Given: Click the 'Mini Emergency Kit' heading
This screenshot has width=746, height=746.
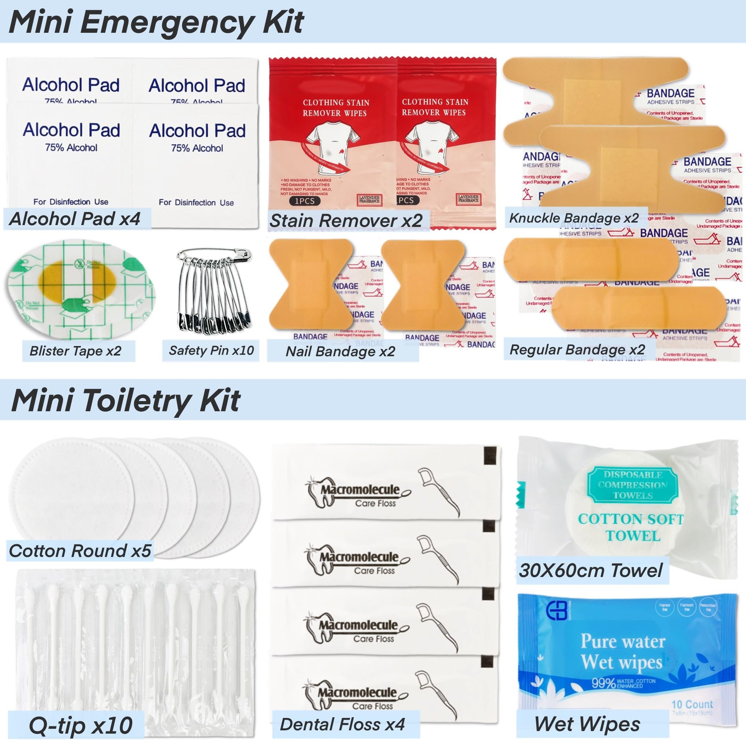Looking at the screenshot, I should pos(156,22).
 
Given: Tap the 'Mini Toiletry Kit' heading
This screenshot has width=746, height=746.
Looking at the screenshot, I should pos(126,401).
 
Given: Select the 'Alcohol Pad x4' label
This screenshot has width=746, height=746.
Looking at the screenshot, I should pos(74,219).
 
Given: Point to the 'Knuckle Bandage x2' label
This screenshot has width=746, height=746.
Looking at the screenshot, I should pos(574,218).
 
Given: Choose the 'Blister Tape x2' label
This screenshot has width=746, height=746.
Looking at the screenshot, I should pos(76,351).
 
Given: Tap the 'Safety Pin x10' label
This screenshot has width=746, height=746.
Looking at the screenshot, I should pos(211,351).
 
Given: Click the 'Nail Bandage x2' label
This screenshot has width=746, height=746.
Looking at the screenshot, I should pos(340,352).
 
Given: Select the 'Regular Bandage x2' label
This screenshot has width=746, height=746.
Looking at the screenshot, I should pos(577,350).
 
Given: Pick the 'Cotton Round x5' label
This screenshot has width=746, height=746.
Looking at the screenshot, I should pos(79,551).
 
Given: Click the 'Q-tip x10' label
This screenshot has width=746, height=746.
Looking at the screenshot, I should pos(81,725).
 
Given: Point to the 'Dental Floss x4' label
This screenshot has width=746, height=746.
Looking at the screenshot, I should pos(342,725).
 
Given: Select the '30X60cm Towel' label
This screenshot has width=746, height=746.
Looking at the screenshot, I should pos(590,570).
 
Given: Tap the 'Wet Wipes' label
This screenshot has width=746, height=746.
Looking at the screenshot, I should pos(587,724).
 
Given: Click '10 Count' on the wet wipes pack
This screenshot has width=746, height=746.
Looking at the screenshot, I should pos(692,704).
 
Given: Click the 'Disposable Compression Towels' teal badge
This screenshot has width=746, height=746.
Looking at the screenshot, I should pos(633,485).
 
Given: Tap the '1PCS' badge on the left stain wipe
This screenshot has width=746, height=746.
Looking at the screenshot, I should pos(305,201).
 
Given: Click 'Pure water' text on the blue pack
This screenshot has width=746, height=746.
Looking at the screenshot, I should pos(623,641).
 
